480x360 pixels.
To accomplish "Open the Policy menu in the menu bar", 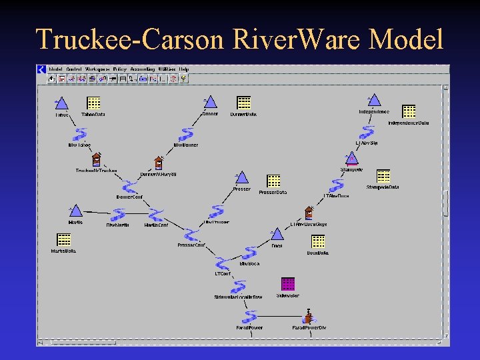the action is pos(120,69).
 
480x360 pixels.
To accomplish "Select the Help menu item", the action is pos(184,69).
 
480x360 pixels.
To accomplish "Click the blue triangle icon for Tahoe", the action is pos(61,103).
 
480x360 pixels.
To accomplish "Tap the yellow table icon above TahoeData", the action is pos(93,103).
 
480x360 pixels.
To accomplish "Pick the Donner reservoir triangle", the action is pos(211,102).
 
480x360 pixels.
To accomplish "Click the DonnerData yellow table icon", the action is pos(244,102).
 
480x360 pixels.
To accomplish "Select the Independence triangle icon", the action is pos(374,100).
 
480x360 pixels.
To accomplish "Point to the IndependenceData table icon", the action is pos(409,111).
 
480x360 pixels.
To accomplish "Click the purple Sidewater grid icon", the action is pos(287,283).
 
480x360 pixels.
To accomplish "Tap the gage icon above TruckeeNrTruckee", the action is pos(97,159).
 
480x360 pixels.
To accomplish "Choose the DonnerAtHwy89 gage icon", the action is pos(159,163).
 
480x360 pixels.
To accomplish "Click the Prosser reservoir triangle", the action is pos(241,178).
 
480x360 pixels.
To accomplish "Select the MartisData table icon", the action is pos(64,239).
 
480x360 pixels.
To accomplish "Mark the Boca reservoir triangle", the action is pos(277,234).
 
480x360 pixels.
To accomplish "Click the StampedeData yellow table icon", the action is pos(383,175).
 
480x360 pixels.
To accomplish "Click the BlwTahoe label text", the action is pos(79,145).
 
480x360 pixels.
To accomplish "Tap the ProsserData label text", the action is pos(273,192).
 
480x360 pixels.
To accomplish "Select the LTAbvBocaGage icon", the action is pos(309,213).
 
